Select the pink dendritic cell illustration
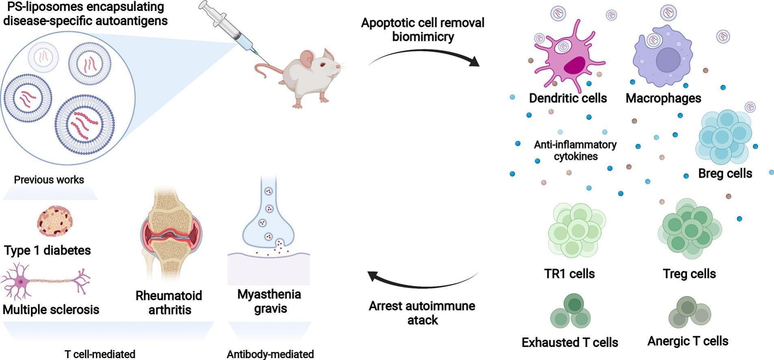pyautogui.click(x=569, y=57)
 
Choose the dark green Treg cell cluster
pyautogui.click(x=690, y=228)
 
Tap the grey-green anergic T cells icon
pyautogui.click(x=690, y=312)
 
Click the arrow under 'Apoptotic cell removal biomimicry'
pyautogui.click(x=424, y=57)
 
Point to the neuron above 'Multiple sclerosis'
pyautogui.click(x=45, y=280)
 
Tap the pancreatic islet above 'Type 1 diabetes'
pyautogui.click(x=55, y=221)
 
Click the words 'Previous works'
pyautogui.click(x=49, y=180)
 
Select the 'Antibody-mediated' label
pyautogui.click(x=270, y=354)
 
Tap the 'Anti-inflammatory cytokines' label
pyautogui.click(x=575, y=150)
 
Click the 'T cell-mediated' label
pyautogui.click(x=100, y=354)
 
